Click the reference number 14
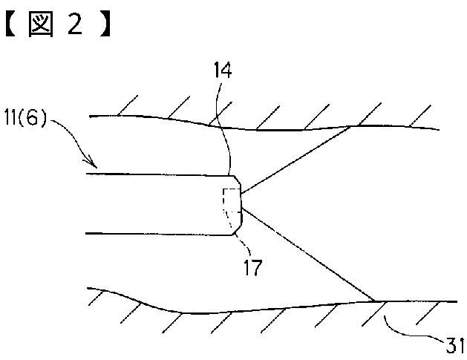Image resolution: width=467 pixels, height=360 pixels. [222, 71]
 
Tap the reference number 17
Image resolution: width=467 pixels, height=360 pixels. [252, 266]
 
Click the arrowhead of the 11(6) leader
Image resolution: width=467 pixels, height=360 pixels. [93, 163]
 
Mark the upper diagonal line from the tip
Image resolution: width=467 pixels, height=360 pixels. [297, 159]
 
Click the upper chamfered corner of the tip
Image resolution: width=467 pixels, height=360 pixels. [236, 180]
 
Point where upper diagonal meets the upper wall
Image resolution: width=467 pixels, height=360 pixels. [352, 127]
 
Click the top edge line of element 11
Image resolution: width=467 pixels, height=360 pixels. [156, 174]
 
